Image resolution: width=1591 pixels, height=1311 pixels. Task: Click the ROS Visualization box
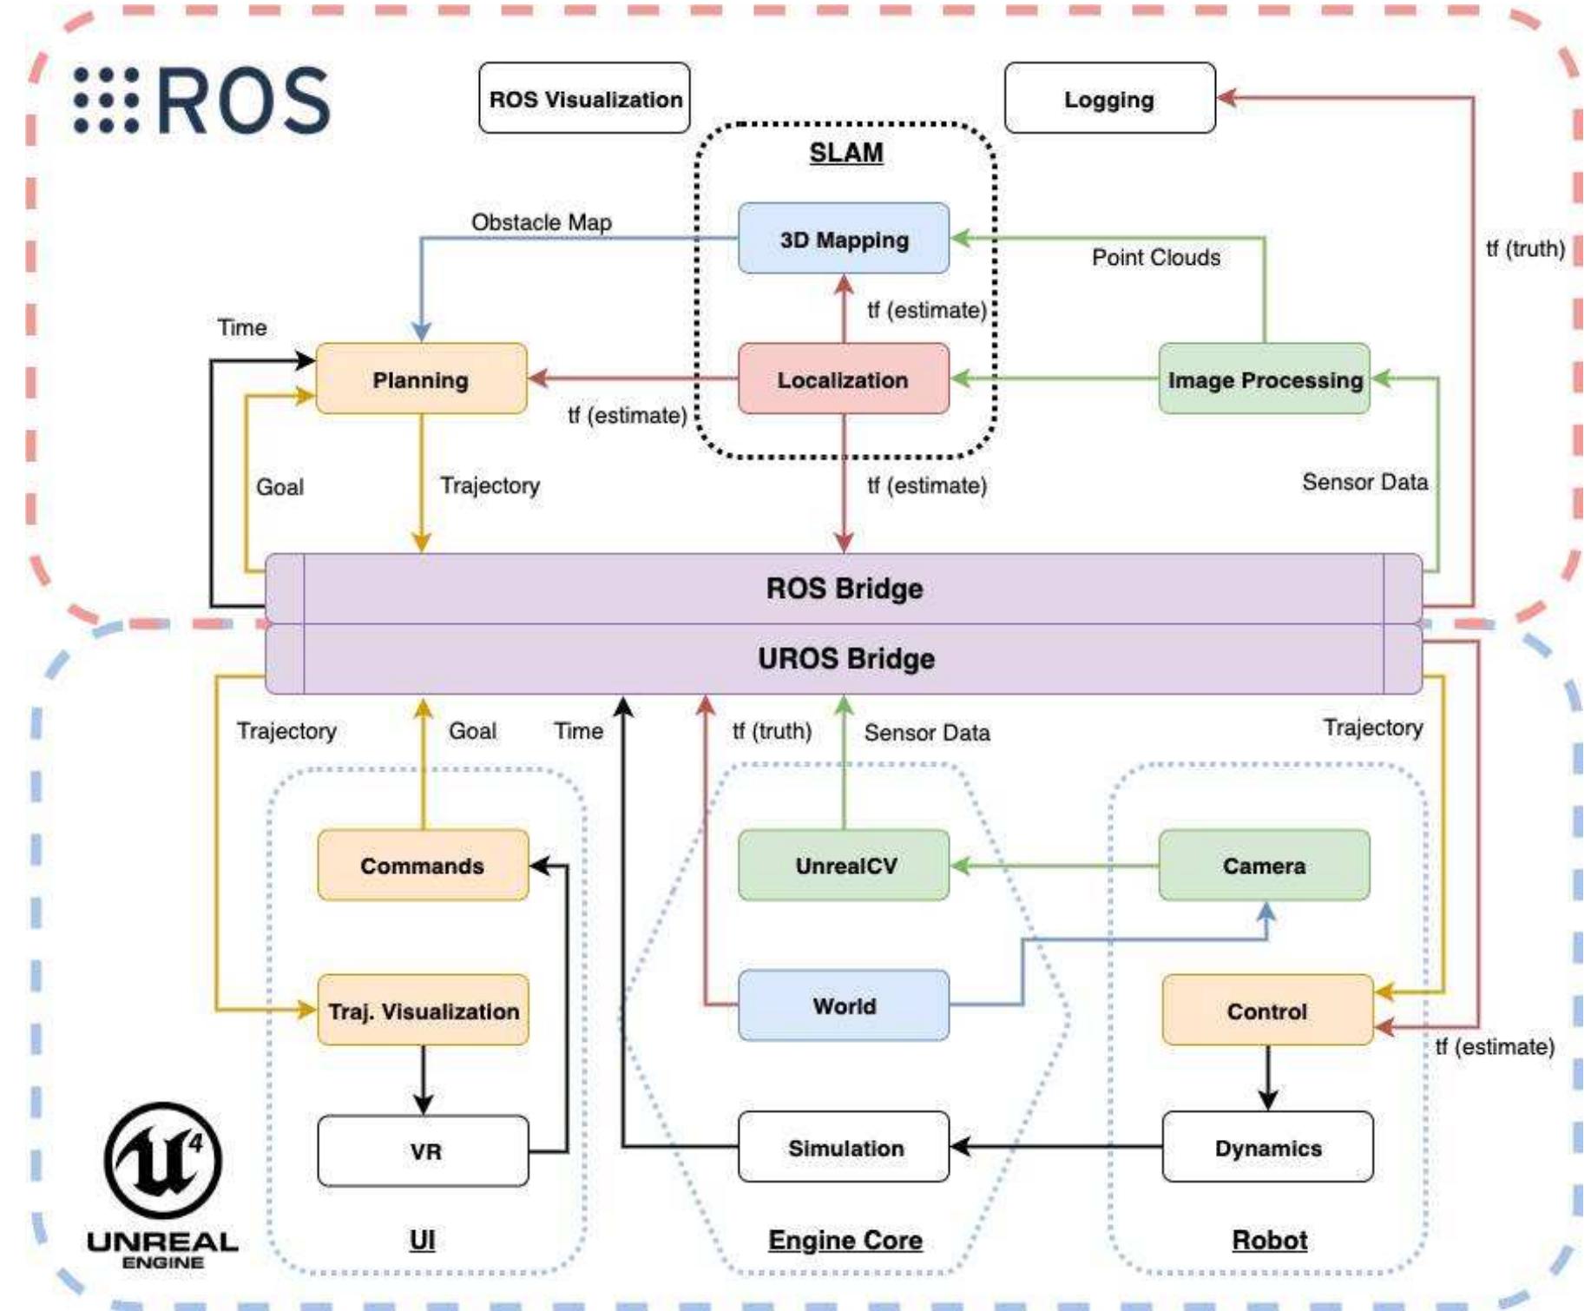pyautogui.click(x=584, y=98)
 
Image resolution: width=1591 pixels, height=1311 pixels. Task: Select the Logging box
pyautogui.click(x=1109, y=98)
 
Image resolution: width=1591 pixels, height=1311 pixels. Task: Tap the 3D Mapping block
pyautogui.click(x=844, y=239)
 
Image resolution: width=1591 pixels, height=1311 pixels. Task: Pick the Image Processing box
pyautogui.click(x=1264, y=379)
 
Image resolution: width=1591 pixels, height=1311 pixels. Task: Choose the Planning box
pyautogui.click(x=421, y=379)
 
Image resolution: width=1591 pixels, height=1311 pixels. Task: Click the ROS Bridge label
pyautogui.click(x=844, y=589)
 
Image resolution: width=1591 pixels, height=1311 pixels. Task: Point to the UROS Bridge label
pyautogui.click(x=845, y=659)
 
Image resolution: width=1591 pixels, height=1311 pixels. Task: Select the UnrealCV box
pyautogui.click(x=844, y=866)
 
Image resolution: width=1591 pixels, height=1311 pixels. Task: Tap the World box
pyautogui.click(x=844, y=1006)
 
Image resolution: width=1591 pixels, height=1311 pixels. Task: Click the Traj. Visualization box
pyautogui.click(x=423, y=1011)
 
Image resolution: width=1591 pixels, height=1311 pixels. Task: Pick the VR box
pyautogui.click(x=423, y=1151)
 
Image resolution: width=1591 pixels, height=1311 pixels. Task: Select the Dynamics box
pyautogui.click(x=1267, y=1148)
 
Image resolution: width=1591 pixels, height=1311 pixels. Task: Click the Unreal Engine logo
pyautogui.click(x=162, y=1184)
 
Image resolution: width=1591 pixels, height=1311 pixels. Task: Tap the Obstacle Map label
pyautogui.click(x=542, y=222)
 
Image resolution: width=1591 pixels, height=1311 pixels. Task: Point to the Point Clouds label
pyautogui.click(x=1155, y=258)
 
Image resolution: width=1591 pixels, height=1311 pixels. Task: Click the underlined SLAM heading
pyautogui.click(x=846, y=153)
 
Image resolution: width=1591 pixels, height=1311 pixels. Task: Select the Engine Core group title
pyautogui.click(x=845, y=1240)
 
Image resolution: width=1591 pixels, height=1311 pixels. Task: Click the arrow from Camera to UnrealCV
pyautogui.click(x=1054, y=866)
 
